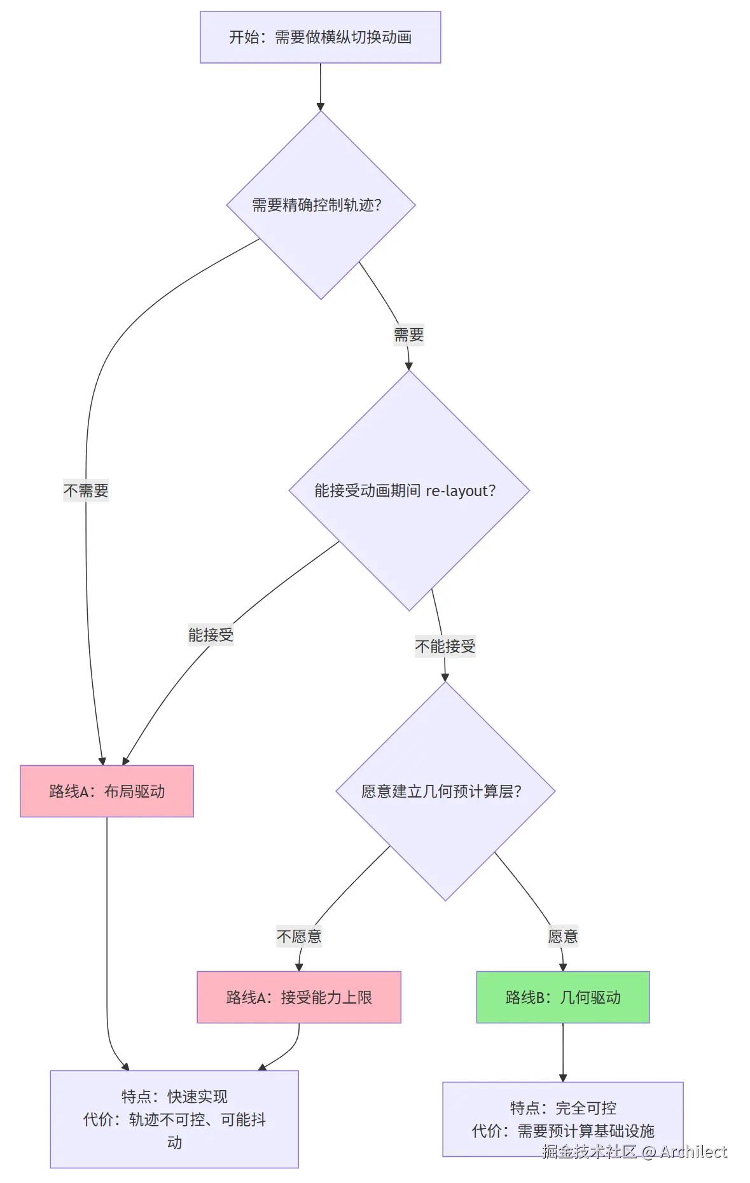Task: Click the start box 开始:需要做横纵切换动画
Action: (x=320, y=37)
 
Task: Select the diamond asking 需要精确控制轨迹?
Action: (x=321, y=205)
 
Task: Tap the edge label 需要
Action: (x=408, y=335)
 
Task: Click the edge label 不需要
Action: (x=86, y=490)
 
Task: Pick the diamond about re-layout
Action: (x=409, y=490)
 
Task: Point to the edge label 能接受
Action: (x=211, y=635)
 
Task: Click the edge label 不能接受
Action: (x=445, y=646)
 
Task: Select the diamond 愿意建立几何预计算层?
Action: (x=445, y=791)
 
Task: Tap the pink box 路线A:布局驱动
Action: (x=107, y=791)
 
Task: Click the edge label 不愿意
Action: (x=299, y=936)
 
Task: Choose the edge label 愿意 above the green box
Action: (x=563, y=936)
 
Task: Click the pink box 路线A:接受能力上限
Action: (x=299, y=997)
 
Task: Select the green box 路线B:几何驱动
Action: (x=563, y=997)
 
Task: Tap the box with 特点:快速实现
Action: (x=174, y=1118)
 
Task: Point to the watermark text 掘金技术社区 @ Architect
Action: (x=634, y=1152)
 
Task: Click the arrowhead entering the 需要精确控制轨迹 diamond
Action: (x=321, y=106)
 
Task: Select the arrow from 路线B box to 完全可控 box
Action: (x=563, y=1053)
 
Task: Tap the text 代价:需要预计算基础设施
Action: (x=563, y=1131)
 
